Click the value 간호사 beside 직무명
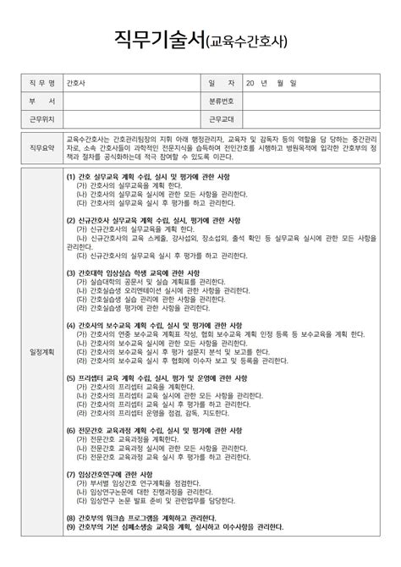click(x=75, y=84)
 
